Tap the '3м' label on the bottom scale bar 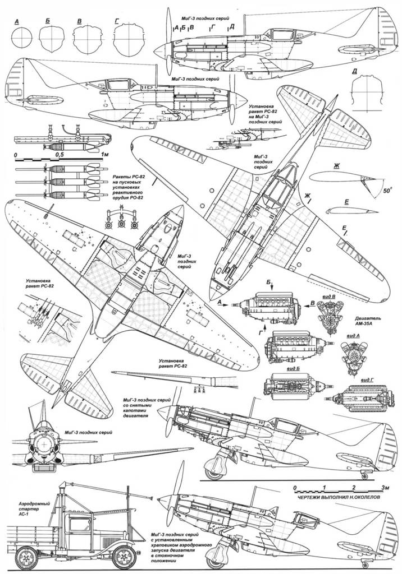[385, 487]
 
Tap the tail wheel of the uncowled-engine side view [366, 476]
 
